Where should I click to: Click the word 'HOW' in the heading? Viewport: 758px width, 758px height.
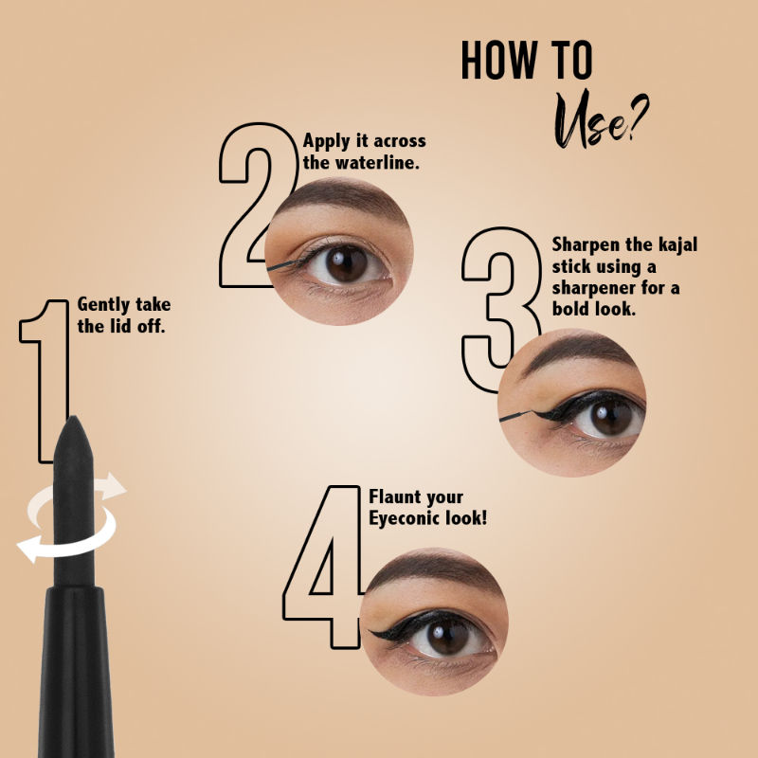point(499,60)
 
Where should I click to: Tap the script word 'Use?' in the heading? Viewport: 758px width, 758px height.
point(601,119)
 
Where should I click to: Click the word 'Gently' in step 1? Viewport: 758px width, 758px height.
point(103,305)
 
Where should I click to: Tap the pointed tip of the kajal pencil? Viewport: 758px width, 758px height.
point(73,417)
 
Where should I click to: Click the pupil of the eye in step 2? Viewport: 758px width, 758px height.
point(347,263)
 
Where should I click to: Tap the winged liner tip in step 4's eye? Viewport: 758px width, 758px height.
point(370,632)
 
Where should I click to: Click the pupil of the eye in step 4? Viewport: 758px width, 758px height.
point(446,636)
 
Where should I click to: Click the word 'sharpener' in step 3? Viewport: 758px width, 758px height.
point(593,289)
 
